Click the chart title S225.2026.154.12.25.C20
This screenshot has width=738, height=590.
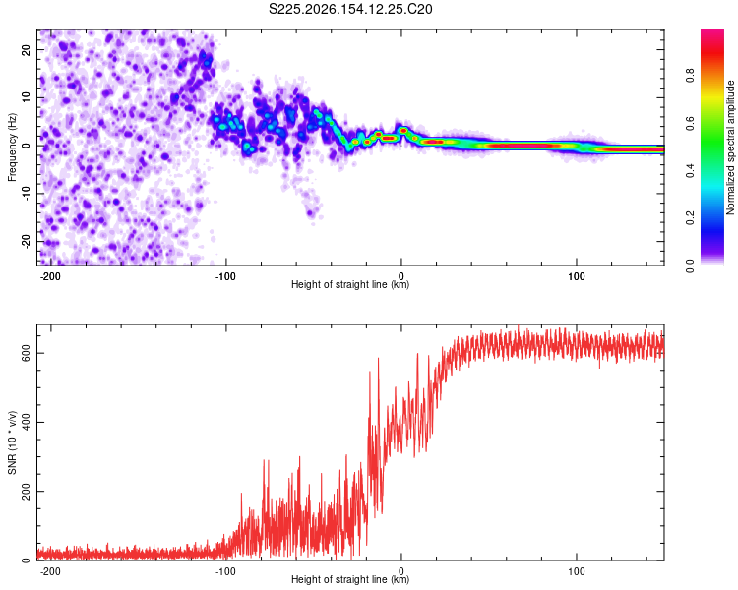[350, 9]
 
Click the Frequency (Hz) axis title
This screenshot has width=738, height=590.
[12, 147]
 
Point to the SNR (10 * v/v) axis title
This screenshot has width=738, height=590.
[12, 442]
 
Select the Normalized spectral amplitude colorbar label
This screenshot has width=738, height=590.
[730, 147]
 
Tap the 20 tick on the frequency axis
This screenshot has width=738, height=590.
[27, 49]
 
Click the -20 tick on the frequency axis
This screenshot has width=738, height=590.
[27, 242]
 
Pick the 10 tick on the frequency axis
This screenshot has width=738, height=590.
[27, 97]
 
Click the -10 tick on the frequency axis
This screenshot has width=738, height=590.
[27, 194]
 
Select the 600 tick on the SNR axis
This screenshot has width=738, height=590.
[27, 353]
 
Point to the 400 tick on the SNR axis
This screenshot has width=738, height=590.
[27, 422]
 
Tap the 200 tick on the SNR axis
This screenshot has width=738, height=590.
[27, 492]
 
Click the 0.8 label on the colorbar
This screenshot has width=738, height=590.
[690, 76]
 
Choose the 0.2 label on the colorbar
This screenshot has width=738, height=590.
[690, 218]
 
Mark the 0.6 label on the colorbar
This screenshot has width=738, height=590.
[690, 123]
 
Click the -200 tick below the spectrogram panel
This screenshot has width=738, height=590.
[49, 276]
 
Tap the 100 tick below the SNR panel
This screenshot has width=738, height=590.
[577, 571]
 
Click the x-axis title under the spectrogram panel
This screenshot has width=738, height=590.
[350, 284]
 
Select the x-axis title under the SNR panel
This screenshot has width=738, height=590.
[350, 579]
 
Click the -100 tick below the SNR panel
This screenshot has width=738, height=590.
[224, 571]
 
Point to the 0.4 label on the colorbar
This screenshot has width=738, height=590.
[690, 171]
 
